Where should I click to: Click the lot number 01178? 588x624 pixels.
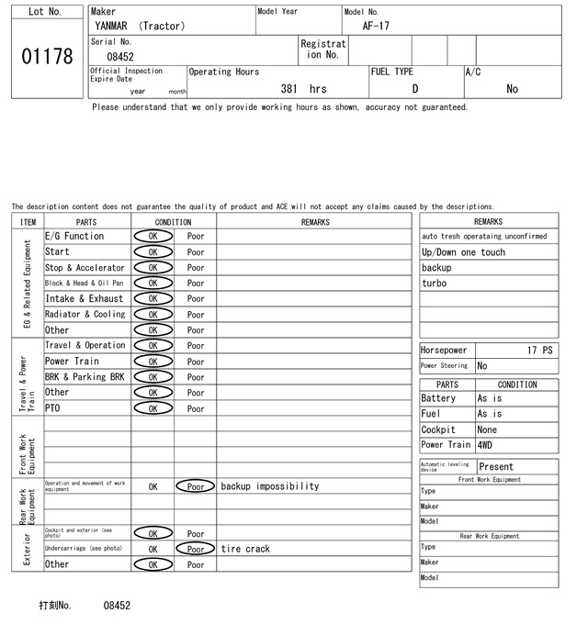click(46, 57)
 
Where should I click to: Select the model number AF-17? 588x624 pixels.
click(376, 26)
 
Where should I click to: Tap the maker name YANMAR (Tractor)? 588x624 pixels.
click(140, 26)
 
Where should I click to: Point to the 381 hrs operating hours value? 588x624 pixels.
click(303, 89)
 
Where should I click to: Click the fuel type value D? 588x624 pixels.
click(414, 89)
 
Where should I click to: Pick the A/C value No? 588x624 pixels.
click(512, 89)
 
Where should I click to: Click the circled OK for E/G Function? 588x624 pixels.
click(153, 237)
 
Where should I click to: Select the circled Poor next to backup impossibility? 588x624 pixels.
click(196, 486)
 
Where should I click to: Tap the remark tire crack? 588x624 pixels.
click(246, 549)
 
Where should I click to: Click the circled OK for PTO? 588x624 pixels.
click(153, 408)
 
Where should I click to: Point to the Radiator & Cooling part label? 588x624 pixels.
click(85, 315)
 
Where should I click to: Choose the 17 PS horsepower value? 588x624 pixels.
click(540, 351)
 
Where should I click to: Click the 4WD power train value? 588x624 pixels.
click(484, 445)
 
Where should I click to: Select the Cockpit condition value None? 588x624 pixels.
click(487, 429)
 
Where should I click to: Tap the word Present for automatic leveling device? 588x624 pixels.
click(496, 467)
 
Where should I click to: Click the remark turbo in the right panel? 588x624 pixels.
click(434, 284)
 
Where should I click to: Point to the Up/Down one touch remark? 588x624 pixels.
click(463, 252)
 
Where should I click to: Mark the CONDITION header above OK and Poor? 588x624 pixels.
click(173, 222)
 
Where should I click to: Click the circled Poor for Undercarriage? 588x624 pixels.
click(196, 549)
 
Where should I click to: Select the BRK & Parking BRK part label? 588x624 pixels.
click(85, 377)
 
